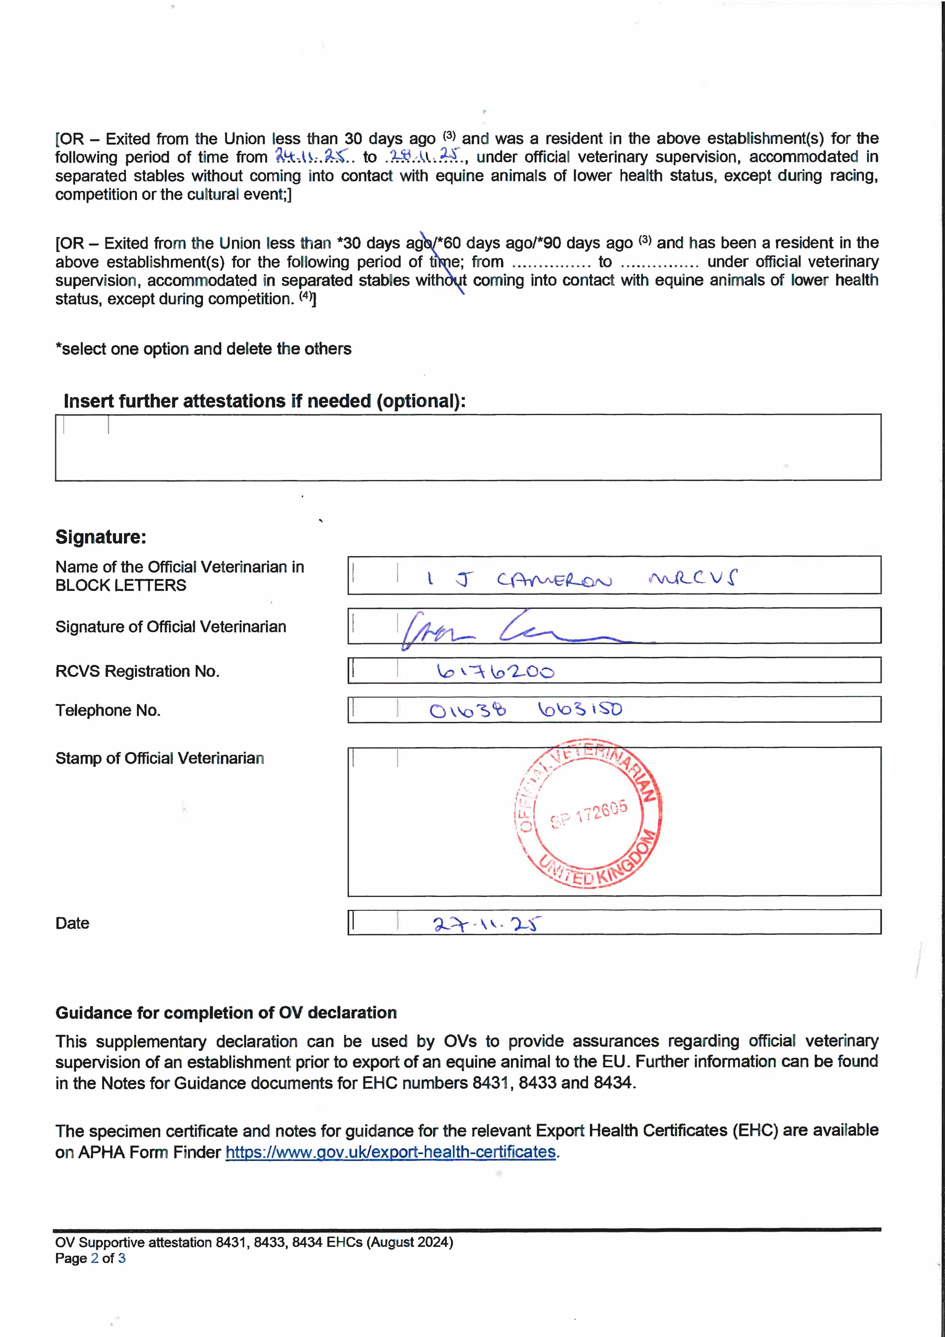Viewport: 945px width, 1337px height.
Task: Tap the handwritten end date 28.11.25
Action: coord(425,156)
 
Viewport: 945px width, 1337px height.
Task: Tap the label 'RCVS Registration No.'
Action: coord(137,671)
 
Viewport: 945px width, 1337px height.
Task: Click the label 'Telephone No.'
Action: coord(108,710)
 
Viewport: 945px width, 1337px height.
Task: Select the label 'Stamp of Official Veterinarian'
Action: coord(160,758)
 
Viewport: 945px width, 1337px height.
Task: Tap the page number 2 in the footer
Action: coord(94,1258)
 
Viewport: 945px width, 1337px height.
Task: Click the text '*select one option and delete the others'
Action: coord(203,349)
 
